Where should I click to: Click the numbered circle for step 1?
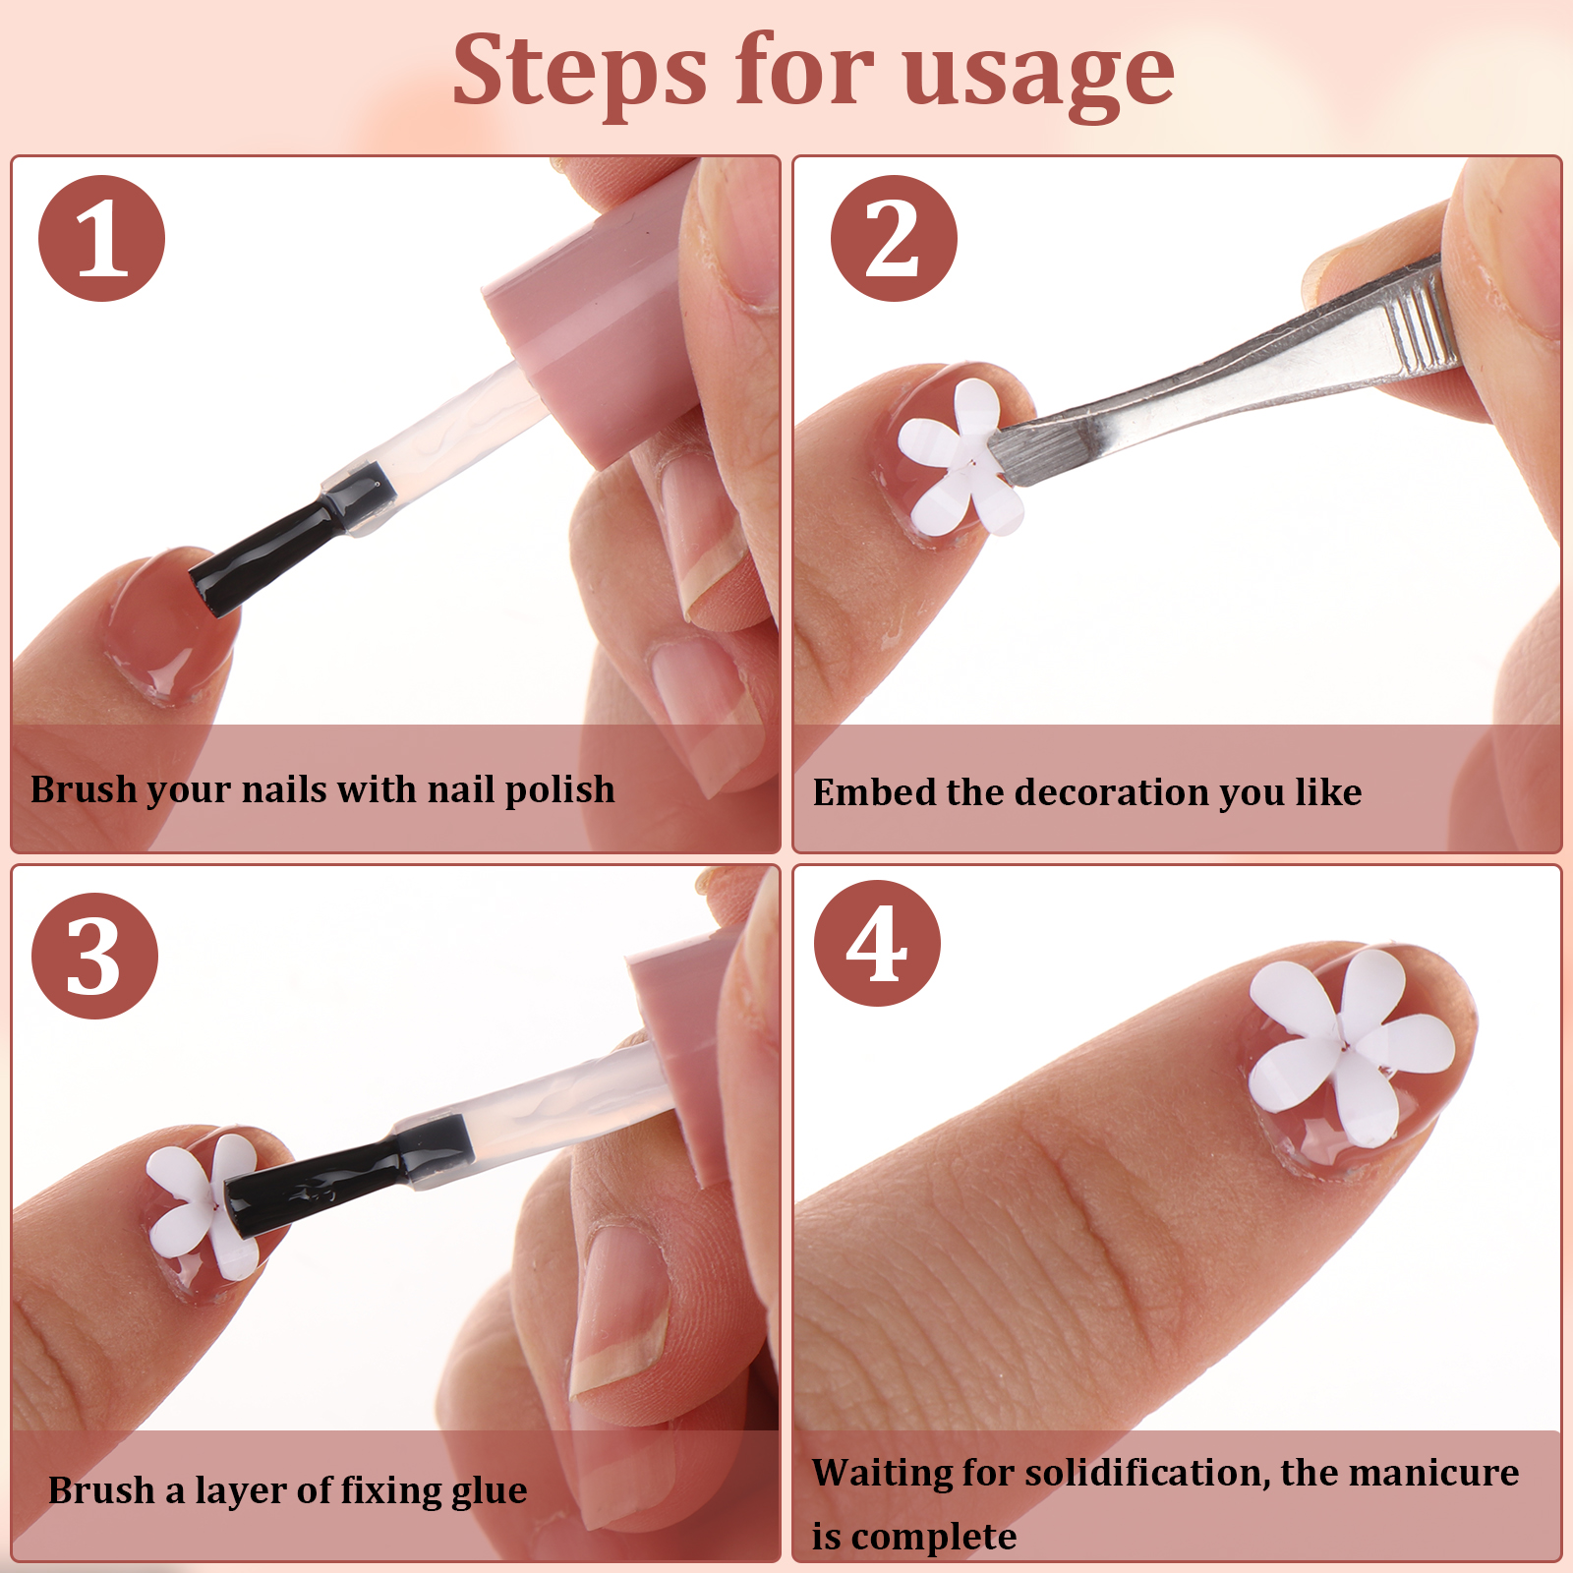101,239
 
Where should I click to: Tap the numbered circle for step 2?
893,239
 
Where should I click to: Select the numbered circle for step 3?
94,956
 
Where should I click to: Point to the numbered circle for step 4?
877,943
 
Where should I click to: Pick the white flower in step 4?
1351,1045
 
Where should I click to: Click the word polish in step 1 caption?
559,790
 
